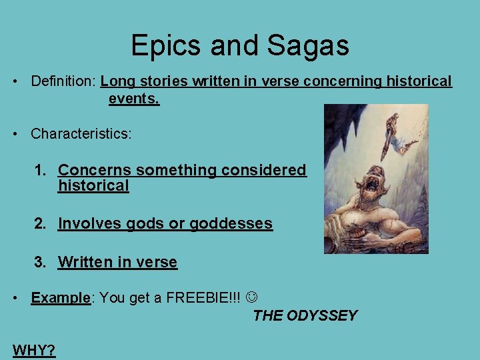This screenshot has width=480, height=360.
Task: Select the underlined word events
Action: [134, 99]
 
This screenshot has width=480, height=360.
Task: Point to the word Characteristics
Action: [79, 133]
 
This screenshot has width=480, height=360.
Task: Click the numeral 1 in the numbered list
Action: [39, 170]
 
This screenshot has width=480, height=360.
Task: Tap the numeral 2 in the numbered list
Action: [39, 223]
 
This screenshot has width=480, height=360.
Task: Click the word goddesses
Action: [231, 224]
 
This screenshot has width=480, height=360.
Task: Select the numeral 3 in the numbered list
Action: [39, 262]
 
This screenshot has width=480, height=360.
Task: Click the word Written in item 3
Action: [85, 262]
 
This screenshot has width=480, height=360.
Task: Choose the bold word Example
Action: [60, 298]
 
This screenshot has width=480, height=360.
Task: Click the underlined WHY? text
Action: [33, 350]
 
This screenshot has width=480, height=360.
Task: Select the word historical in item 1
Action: [93, 186]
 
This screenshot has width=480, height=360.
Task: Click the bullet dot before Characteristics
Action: [15, 133]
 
